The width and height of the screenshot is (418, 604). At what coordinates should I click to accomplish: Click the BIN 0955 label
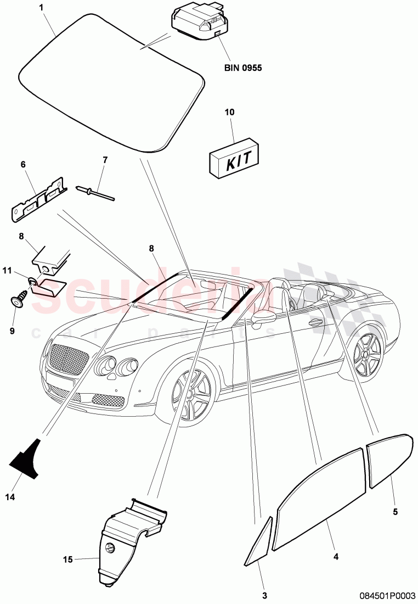[243, 69]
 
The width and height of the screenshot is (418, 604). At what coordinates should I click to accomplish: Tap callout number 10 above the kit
[229, 112]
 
